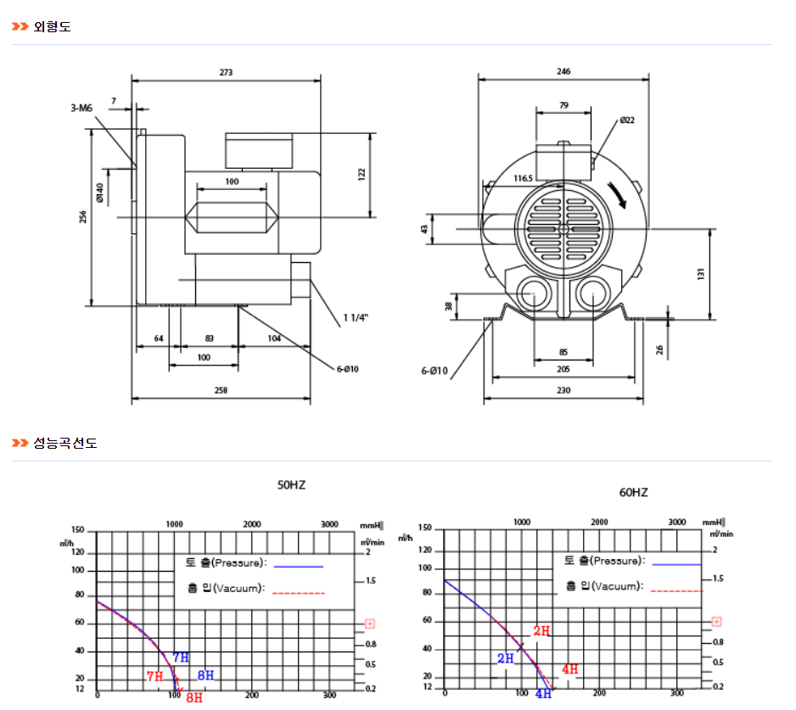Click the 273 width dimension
click(226, 73)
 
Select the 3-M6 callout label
click(81, 109)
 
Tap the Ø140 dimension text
click(100, 193)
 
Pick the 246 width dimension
click(563, 72)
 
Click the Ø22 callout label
click(627, 120)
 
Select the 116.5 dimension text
click(524, 178)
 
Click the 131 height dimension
click(702, 274)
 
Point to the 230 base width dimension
click(563, 389)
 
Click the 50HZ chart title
click(291, 486)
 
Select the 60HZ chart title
click(633, 492)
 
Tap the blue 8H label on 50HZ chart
click(205, 676)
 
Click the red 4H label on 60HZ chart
click(569, 669)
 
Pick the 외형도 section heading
click(53, 27)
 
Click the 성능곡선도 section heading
click(65, 443)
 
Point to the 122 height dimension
click(362, 174)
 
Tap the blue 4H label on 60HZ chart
click(543, 694)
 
